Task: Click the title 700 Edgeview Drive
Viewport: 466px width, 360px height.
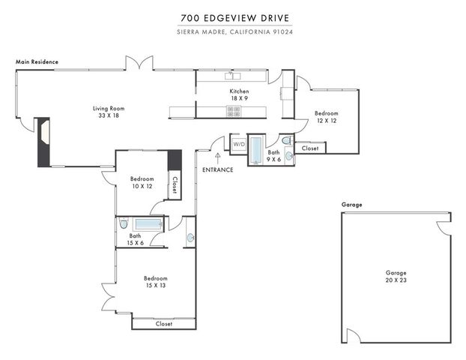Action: [233, 18]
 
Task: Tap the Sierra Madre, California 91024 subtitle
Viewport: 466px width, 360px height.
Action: [233, 31]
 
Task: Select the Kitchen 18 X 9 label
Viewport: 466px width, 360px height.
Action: [239, 94]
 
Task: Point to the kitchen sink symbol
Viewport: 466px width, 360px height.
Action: [235, 76]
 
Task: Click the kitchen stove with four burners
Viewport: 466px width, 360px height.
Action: [234, 112]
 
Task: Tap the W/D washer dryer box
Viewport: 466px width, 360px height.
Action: [239, 144]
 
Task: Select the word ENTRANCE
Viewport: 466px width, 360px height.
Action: [218, 170]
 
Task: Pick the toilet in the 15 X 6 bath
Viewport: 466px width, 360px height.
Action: [124, 223]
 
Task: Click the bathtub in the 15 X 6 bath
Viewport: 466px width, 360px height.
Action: [149, 223]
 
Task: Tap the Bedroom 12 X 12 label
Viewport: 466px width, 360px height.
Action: [326, 116]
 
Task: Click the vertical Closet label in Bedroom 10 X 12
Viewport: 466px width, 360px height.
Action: [175, 184]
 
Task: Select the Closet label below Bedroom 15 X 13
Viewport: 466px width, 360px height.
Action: [163, 324]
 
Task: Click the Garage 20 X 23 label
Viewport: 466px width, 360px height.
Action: [396, 277]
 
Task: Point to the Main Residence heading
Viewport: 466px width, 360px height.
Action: [37, 61]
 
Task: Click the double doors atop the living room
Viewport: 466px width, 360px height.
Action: [139, 65]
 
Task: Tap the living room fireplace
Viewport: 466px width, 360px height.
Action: [43, 141]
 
